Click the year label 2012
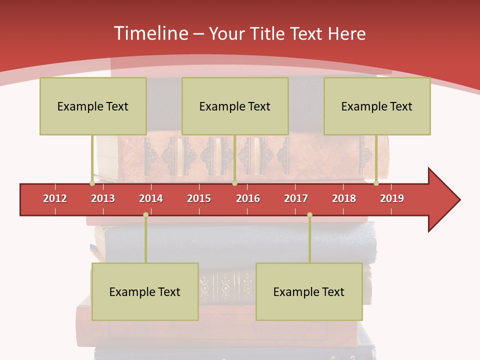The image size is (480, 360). [55, 198]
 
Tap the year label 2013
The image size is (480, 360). [103, 198]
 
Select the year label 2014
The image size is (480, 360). [151, 198]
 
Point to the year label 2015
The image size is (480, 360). [199, 198]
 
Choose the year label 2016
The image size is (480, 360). [248, 198]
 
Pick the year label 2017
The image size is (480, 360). [296, 198]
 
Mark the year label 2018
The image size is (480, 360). [344, 198]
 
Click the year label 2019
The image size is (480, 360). [392, 198]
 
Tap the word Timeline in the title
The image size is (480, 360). [149, 33]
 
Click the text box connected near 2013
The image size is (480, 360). [93, 106]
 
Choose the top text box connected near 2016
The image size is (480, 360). [235, 106]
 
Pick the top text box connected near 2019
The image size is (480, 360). [377, 106]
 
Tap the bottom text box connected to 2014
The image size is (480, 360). [145, 291]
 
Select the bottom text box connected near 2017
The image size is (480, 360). [309, 291]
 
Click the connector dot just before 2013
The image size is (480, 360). [92, 183]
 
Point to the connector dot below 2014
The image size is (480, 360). [145, 215]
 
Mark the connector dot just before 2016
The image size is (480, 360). [234, 183]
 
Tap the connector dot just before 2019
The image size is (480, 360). [376, 183]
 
